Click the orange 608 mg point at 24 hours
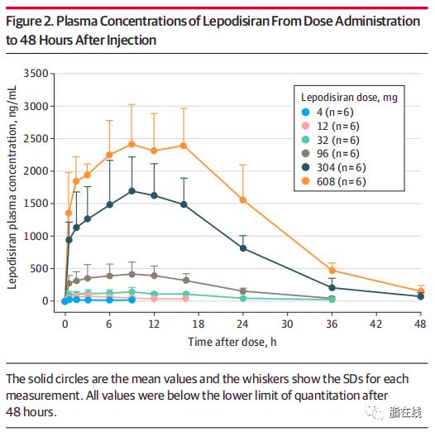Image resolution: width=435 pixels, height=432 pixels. coord(243,200)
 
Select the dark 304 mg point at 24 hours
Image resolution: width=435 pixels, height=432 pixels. coord(243,248)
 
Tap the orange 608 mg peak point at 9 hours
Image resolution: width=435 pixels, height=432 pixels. coord(131,144)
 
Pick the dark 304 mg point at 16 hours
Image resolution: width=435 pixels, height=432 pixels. coord(184,204)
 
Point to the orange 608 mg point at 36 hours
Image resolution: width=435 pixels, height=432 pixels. coord(332,271)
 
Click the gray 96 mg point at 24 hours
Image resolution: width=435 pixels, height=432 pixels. coord(243,291)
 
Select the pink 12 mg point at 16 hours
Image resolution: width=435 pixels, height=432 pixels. coord(185,299)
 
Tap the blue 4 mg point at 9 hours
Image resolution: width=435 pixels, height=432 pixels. coord(131,300)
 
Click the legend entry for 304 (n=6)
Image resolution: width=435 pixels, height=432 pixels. coord(334,167)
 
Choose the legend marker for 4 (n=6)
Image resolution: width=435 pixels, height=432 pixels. coord(305,113)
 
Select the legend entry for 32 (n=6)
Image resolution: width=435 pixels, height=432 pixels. coord(331,140)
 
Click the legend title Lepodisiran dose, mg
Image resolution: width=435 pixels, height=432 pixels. coord(349,98)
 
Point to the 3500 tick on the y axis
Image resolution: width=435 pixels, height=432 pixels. coord(52,74)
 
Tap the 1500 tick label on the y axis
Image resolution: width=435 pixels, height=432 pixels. coord(36,204)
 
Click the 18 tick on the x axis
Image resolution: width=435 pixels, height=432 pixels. coord(198,314)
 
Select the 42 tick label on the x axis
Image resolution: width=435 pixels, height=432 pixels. coord(376,324)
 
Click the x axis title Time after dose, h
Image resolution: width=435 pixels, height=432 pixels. coord(232,342)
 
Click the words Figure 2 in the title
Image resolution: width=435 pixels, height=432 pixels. coord(30,22)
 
